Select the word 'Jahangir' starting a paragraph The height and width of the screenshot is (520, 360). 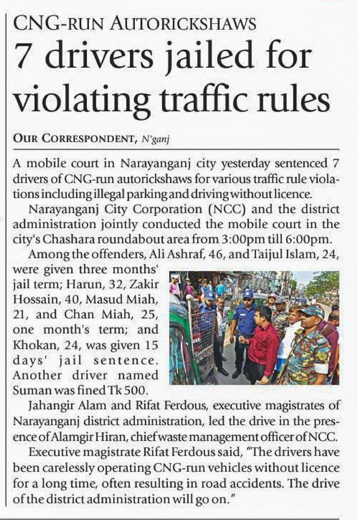[x=43, y=405]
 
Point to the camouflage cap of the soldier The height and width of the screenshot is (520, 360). [x=311, y=310]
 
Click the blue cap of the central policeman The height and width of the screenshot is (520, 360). [x=247, y=293]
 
